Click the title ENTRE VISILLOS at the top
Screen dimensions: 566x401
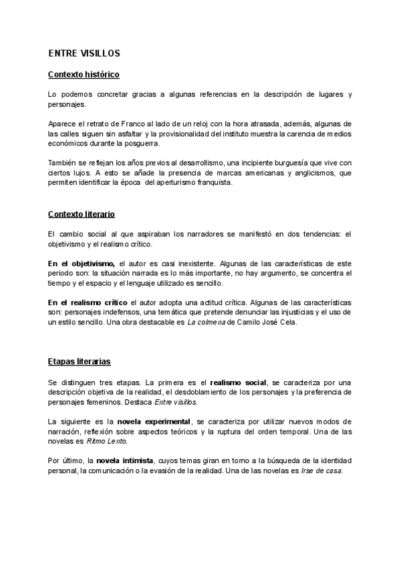click(84, 53)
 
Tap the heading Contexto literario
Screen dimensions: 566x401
click(82, 214)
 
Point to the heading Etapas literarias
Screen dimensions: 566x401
click(80, 361)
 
